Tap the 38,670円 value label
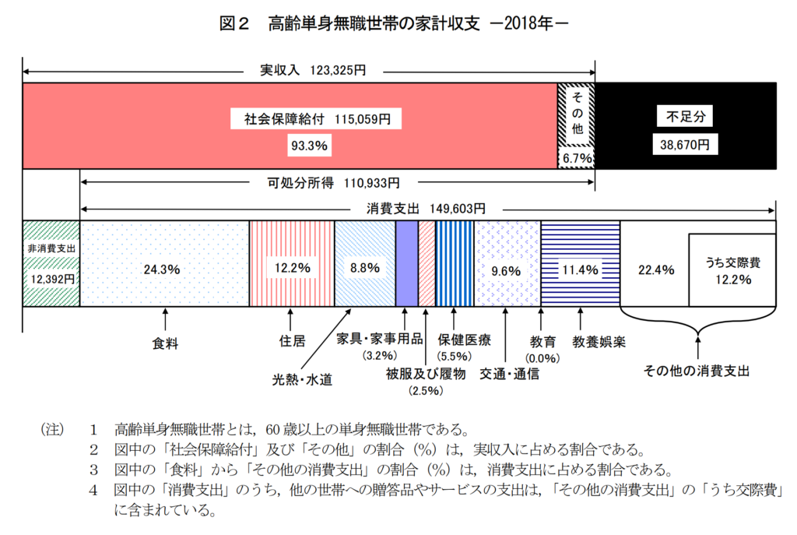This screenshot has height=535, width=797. tap(686, 145)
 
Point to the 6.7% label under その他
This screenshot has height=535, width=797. tap(577, 158)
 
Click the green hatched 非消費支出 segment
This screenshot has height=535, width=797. tap(51, 263)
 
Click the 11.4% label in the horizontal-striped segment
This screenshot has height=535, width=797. tap(579, 270)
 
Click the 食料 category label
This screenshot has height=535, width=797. tap(165, 342)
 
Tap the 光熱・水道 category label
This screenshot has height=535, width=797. tap(302, 379)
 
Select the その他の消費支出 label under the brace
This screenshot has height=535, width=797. tap(697, 371)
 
